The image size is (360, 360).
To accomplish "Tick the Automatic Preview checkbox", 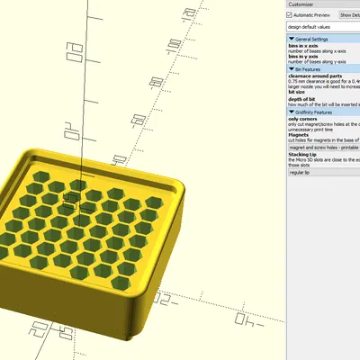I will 290,15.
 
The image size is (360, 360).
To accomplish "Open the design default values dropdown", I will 322,28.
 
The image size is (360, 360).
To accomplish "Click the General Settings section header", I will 322,39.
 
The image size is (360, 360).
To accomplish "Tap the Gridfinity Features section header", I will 322,112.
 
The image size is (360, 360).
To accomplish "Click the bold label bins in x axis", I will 307,46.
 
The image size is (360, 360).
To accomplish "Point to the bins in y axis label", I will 307,57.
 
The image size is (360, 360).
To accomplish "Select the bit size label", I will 297,92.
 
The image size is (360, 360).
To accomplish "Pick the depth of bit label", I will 302,99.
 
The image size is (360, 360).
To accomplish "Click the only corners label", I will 303,119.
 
